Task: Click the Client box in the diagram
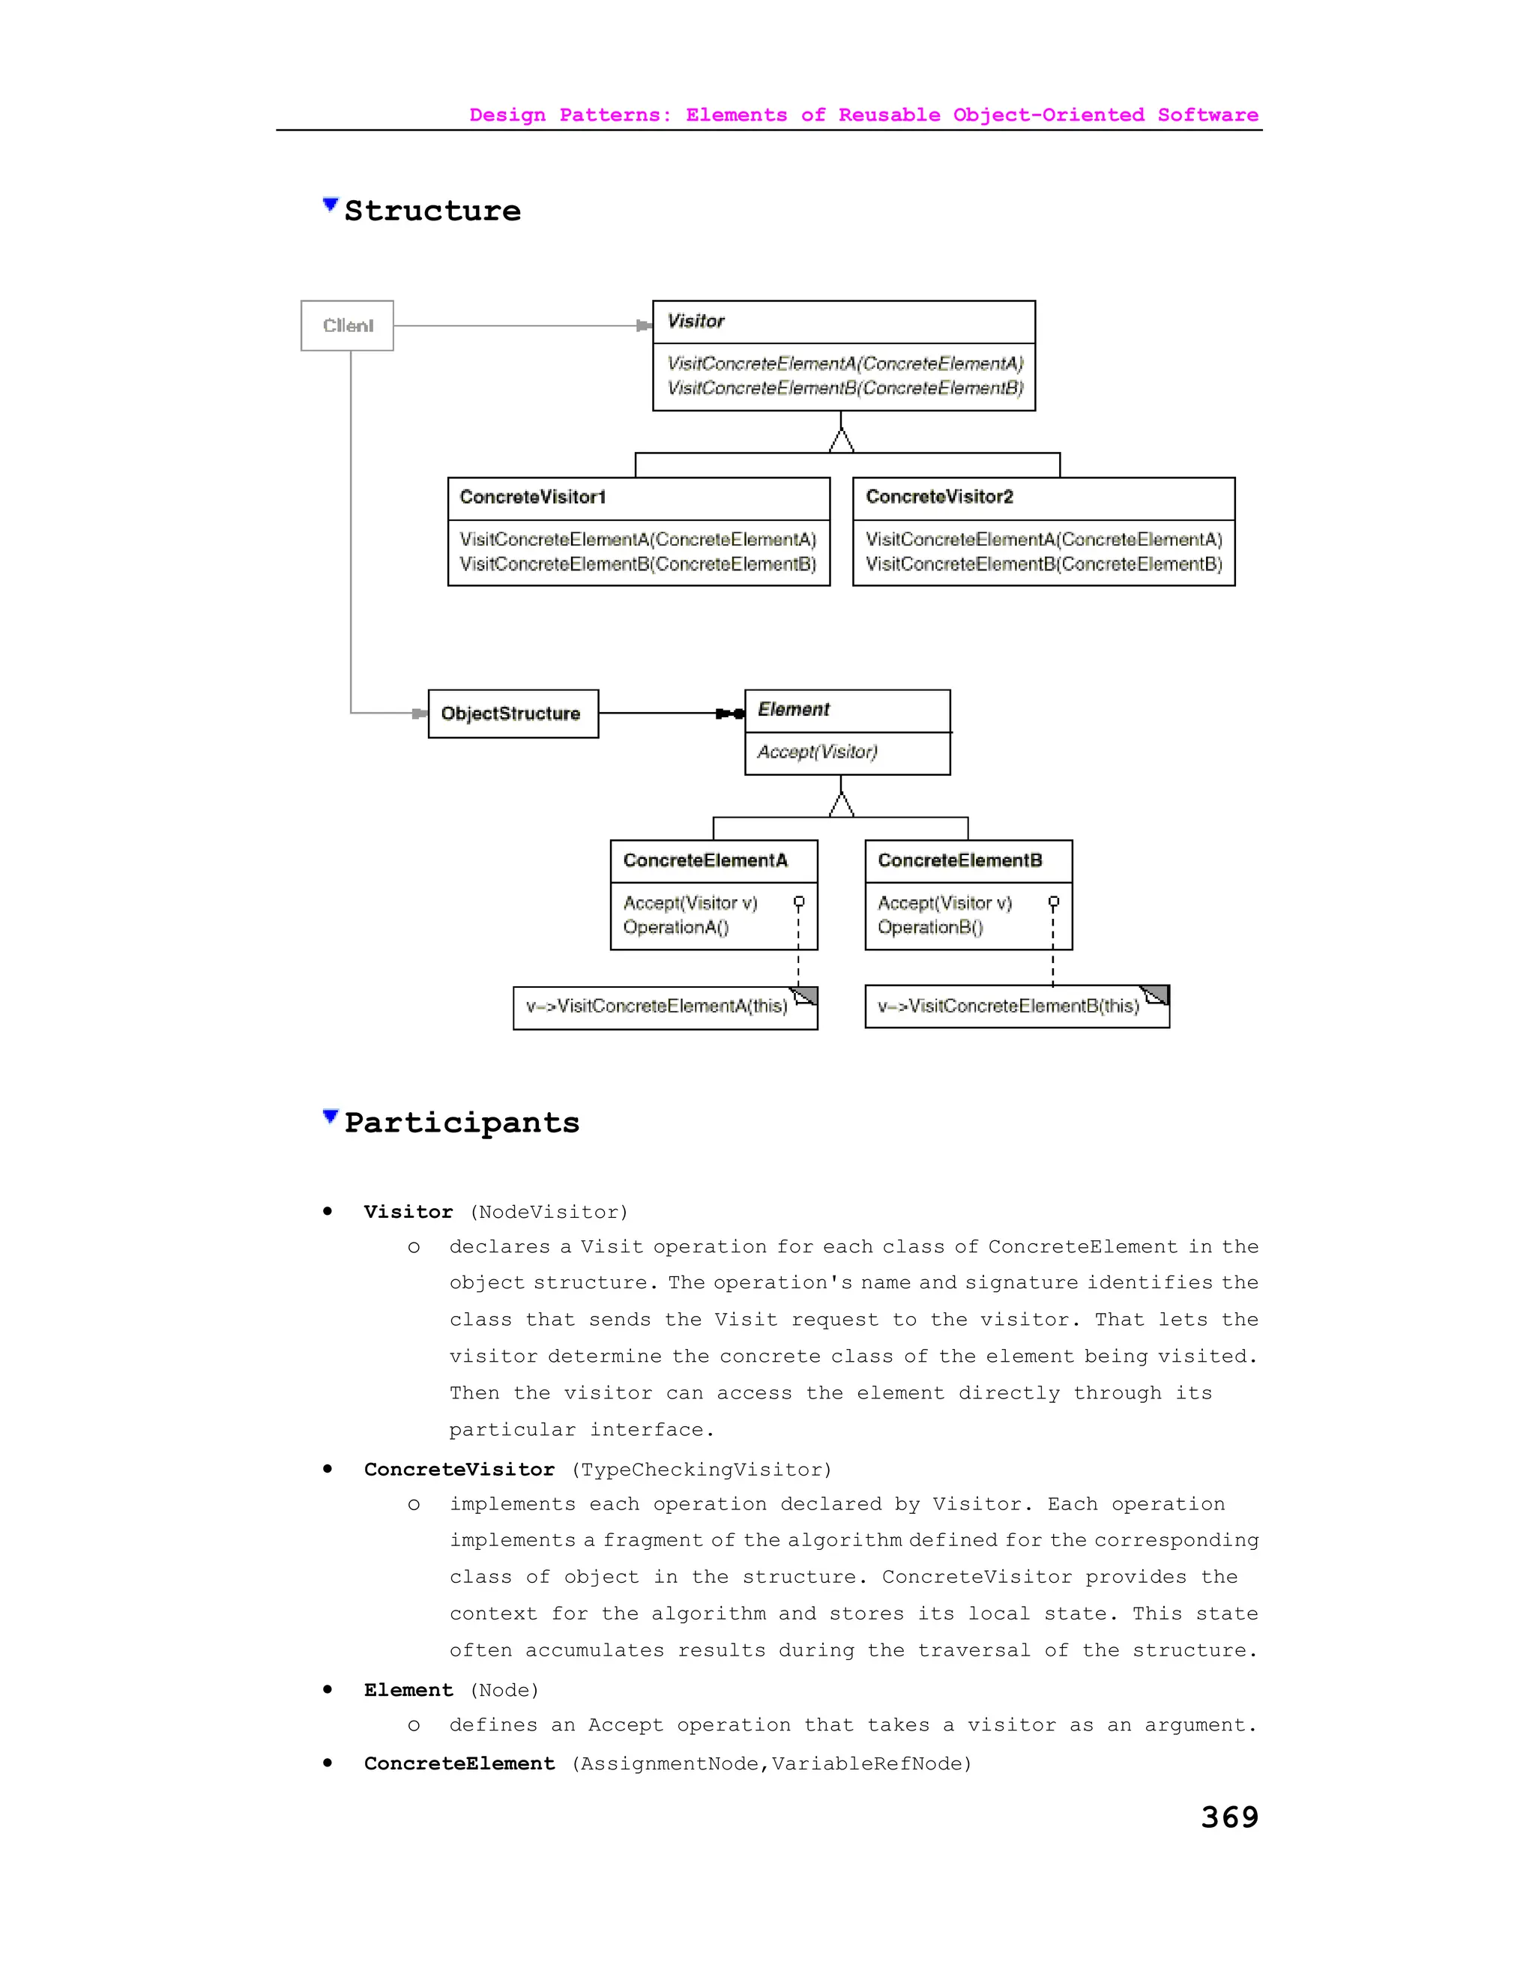click(x=347, y=325)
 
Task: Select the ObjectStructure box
click(x=513, y=713)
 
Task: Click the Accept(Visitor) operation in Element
click(x=818, y=752)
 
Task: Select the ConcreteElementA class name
click(x=705, y=861)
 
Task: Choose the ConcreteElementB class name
click(x=960, y=861)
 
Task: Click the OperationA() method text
click(x=675, y=928)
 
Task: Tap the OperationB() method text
click(x=930, y=928)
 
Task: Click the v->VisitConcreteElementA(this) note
click(x=657, y=1006)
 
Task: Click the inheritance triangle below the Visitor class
click(x=841, y=441)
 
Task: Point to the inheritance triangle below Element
click(x=841, y=805)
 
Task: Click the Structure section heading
click(x=433, y=211)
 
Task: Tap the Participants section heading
click(x=462, y=1123)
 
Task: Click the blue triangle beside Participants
click(x=330, y=1117)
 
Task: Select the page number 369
click(x=1229, y=1817)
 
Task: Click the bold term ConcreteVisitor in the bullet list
click(x=459, y=1470)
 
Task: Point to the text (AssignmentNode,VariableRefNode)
click(x=772, y=1764)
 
